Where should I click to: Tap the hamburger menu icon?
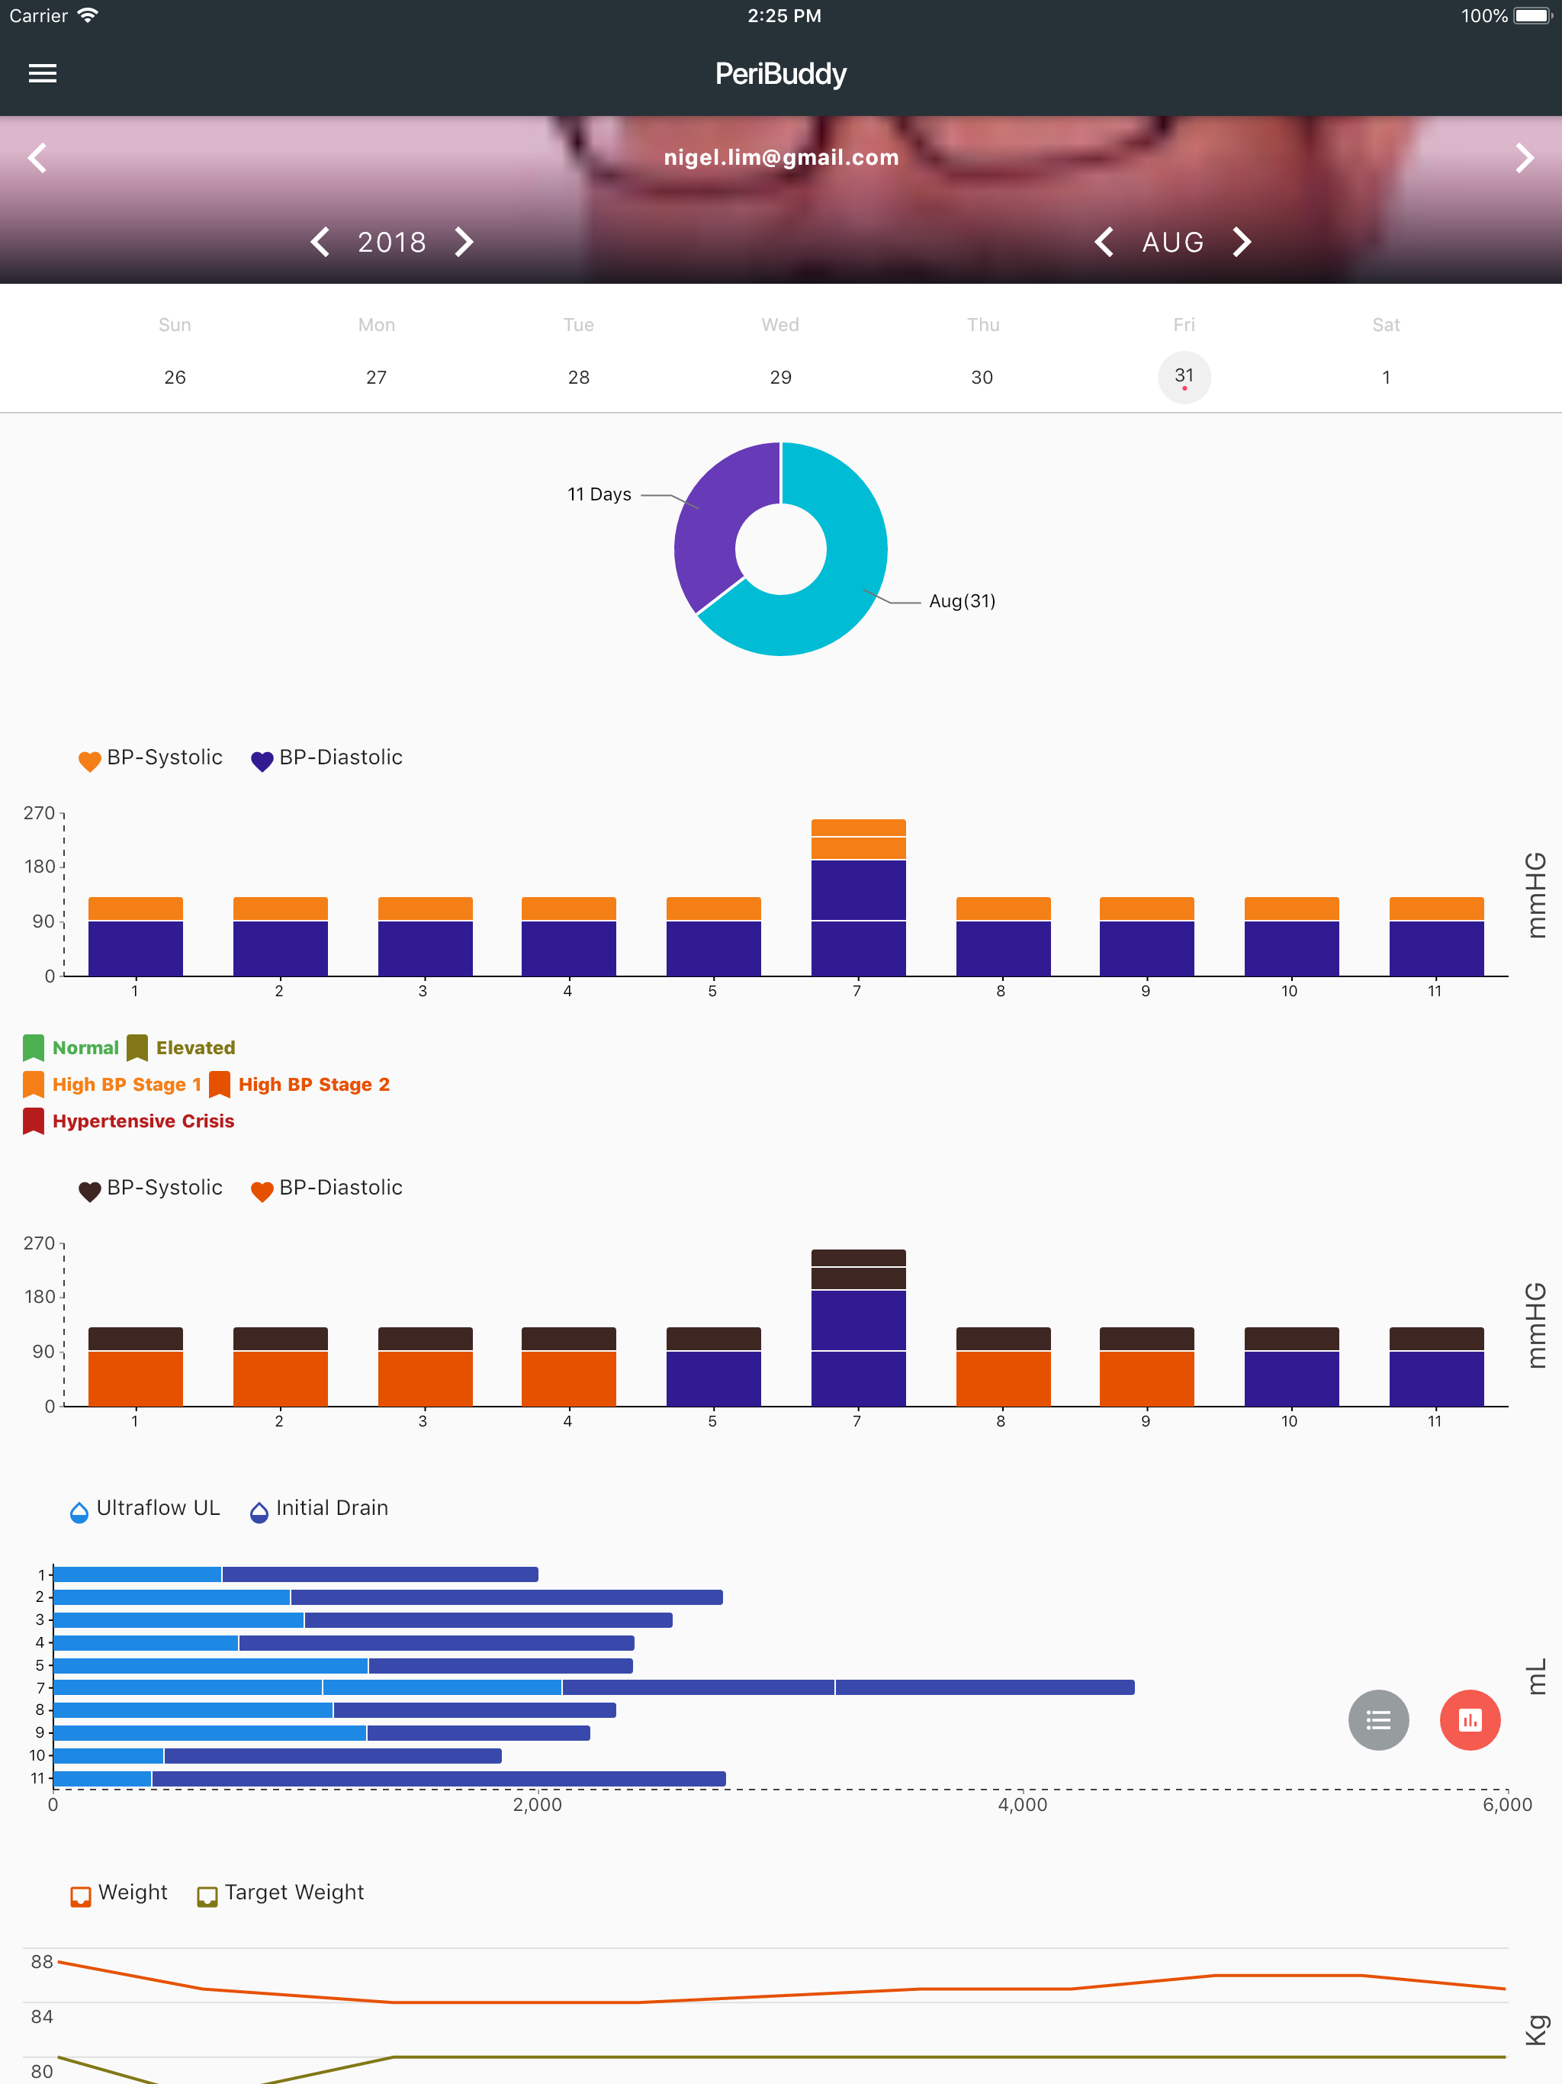[x=43, y=73]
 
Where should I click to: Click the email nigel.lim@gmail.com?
[x=781, y=157]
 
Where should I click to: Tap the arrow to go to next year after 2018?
[x=464, y=242]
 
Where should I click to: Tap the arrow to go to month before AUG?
[x=1104, y=242]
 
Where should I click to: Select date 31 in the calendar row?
[x=1184, y=377]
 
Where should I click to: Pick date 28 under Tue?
[x=578, y=377]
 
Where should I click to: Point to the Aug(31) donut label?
[x=962, y=601]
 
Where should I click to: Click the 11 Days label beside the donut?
[x=599, y=494]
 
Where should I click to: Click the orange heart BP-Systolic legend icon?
[x=89, y=761]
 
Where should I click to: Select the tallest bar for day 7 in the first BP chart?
[x=858, y=898]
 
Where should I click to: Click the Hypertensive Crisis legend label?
[x=143, y=1121]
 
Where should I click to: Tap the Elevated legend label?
[x=195, y=1047]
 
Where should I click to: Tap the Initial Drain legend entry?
[x=320, y=1508]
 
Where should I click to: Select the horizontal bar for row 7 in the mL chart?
[x=593, y=1687]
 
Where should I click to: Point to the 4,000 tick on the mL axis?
[x=1022, y=1804]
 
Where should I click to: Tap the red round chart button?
[x=1470, y=1720]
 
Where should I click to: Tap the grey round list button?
[x=1378, y=1720]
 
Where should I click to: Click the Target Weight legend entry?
[x=281, y=1893]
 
